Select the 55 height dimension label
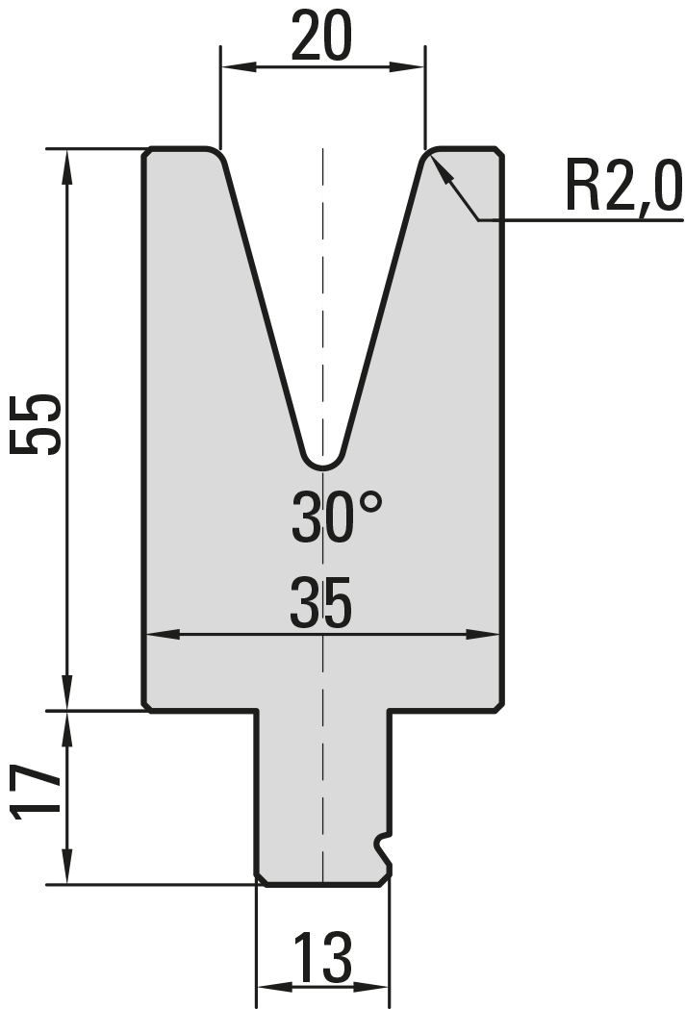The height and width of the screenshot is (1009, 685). (x=36, y=425)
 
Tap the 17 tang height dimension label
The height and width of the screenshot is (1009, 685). (x=37, y=793)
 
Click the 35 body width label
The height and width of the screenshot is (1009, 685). (x=321, y=603)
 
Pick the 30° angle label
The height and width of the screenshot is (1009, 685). (x=336, y=516)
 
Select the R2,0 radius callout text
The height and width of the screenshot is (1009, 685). (x=623, y=188)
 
